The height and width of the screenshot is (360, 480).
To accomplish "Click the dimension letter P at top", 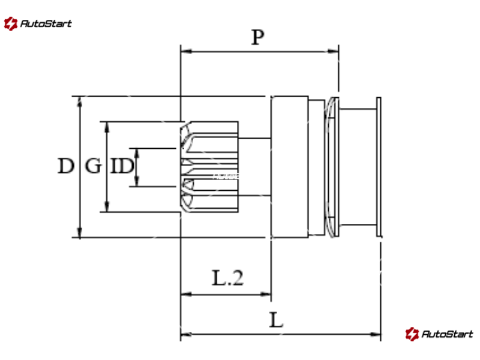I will click(257, 38).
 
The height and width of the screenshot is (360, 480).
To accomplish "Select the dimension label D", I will click(65, 166).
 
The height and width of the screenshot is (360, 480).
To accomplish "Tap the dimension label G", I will click(93, 166).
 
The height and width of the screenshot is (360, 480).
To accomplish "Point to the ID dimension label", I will click(121, 166).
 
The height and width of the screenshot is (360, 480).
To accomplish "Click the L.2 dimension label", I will click(228, 278).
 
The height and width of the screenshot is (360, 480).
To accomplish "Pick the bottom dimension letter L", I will click(275, 320).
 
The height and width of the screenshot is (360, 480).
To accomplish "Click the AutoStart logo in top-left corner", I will click(38, 24).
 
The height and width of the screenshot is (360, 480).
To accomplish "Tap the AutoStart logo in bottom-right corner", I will click(439, 334).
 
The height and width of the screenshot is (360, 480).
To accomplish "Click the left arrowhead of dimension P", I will click(184, 52).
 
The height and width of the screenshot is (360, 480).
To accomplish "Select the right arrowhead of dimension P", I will click(334, 52).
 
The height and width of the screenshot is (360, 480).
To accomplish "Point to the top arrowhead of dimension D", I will click(80, 100).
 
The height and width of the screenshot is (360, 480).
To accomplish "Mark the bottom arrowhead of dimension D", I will click(80, 233).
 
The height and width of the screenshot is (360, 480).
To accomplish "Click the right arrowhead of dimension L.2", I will click(267, 294).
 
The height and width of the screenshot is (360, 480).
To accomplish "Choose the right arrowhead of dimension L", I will click(377, 334).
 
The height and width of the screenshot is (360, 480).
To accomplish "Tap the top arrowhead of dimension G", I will click(107, 126).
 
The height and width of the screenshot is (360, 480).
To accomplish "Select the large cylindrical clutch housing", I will click(289, 167).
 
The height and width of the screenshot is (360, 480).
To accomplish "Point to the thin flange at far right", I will click(379, 167).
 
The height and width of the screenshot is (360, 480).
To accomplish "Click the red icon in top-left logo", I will click(10, 24).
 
